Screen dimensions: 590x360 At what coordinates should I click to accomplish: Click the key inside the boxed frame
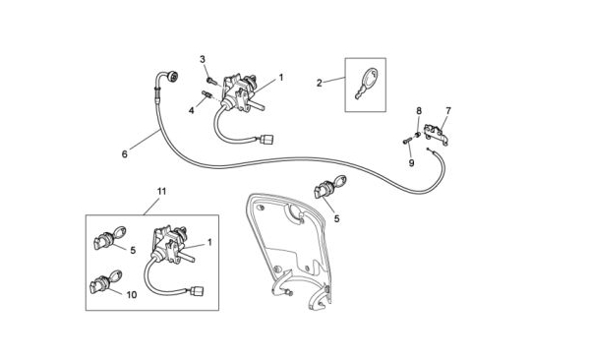click(x=366, y=84)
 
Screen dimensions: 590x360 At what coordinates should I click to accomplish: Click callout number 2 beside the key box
click(x=319, y=84)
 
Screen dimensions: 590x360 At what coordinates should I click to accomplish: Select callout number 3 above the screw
click(x=203, y=59)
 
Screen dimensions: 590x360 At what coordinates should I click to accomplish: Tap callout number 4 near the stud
click(x=192, y=111)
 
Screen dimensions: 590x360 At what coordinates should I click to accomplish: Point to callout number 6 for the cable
click(x=125, y=154)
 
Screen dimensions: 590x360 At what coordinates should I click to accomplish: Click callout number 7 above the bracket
click(x=447, y=111)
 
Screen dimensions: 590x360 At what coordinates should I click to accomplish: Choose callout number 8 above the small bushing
click(x=419, y=111)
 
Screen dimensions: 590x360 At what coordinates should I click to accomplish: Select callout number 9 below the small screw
click(x=411, y=163)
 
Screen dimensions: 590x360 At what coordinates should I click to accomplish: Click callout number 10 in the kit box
click(x=132, y=295)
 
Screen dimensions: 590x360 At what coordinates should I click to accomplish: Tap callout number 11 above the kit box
click(x=161, y=191)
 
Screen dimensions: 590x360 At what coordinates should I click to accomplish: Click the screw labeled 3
click(x=210, y=81)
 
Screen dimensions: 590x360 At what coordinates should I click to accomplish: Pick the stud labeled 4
click(x=206, y=94)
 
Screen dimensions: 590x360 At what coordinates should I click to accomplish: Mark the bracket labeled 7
click(x=436, y=135)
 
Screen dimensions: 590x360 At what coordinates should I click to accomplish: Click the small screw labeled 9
click(x=406, y=142)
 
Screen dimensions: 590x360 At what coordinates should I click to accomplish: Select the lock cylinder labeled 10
click(x=105, y=282)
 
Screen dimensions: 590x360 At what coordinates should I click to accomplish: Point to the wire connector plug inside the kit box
click(x=198, y=291)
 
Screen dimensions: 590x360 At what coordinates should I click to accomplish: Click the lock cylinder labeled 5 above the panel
click(x=329, y=186)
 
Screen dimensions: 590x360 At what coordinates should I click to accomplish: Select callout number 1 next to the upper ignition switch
click(x=280, y=78)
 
